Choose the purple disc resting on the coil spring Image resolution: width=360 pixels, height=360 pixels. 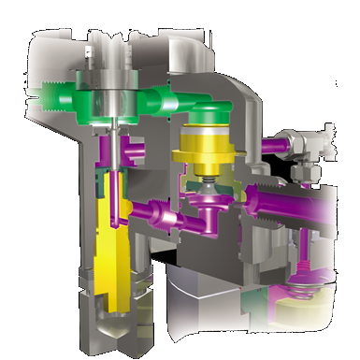point(302,281)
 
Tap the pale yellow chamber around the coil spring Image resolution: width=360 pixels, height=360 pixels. point(322,299)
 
